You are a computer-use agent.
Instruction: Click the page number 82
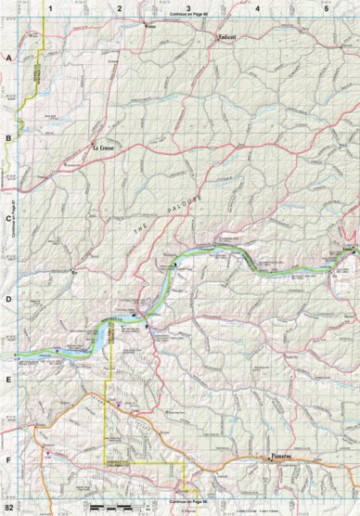[10, 509]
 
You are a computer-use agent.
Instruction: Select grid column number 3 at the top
[188, 7]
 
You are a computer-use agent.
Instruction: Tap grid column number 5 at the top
[326, 7]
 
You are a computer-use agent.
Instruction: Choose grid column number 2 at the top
[120, 7]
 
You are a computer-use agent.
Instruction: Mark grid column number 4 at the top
[257, 7]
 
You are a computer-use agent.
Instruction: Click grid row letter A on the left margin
[8, 58]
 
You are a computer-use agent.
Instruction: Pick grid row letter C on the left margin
[8, 219]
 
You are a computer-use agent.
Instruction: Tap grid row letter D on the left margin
[8, 299]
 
